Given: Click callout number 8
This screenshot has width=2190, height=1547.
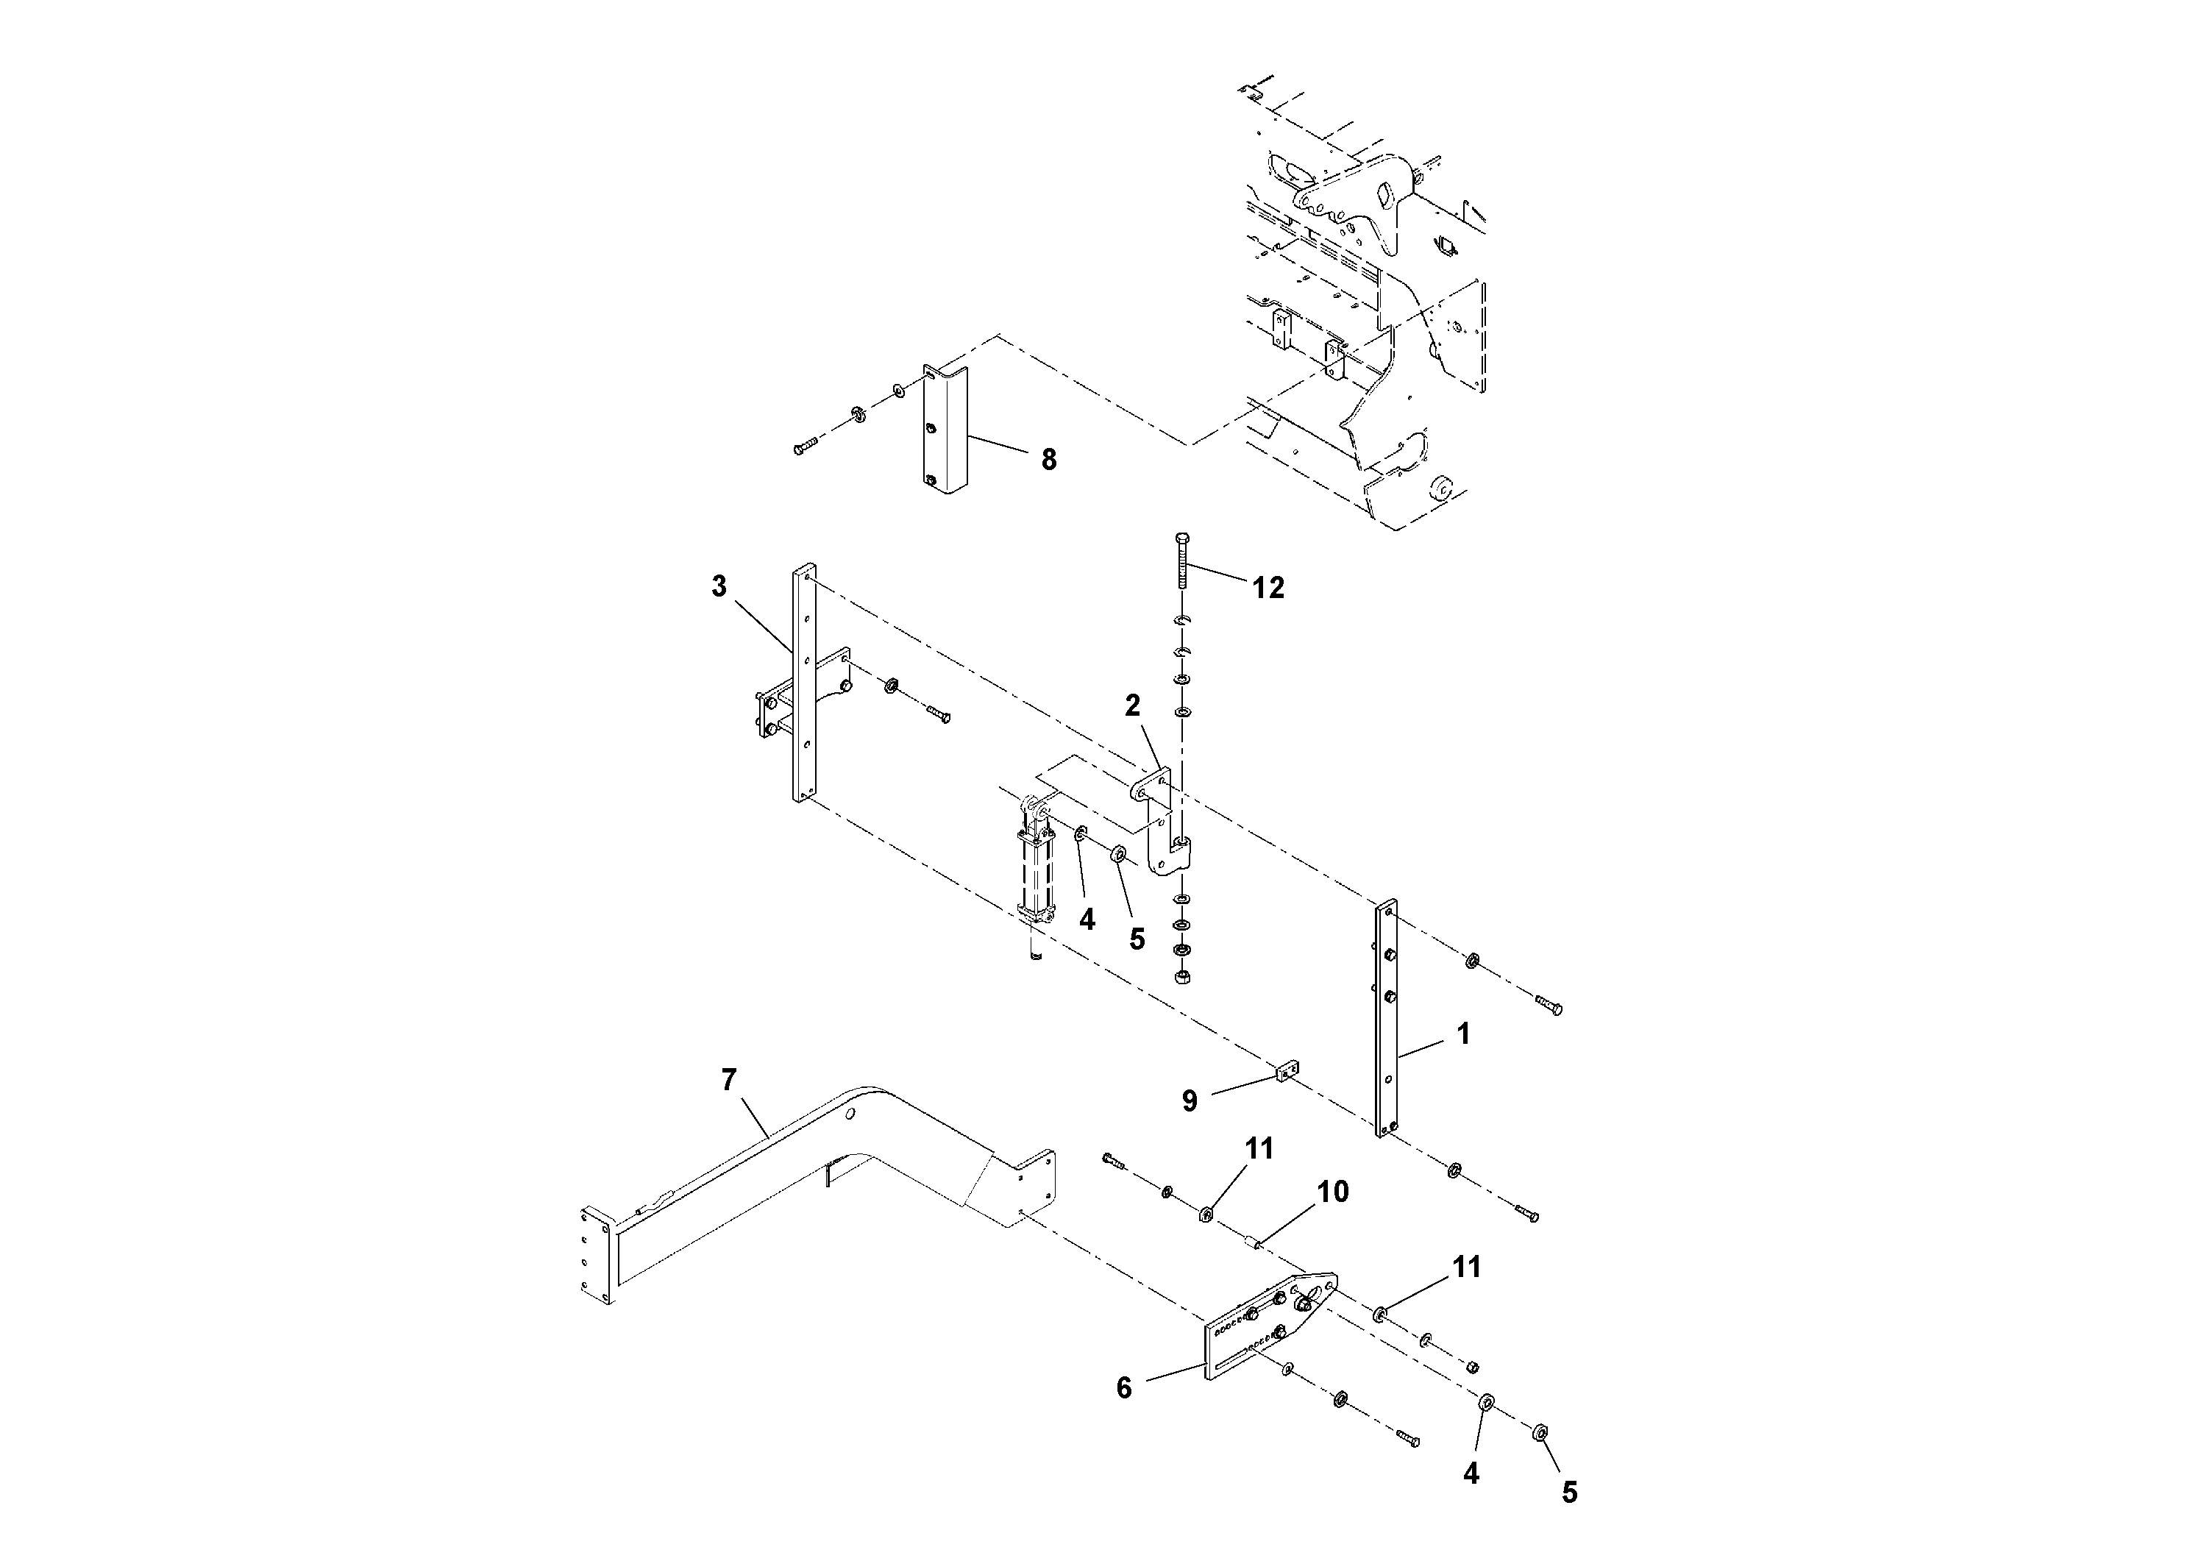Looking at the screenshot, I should point(1048,460).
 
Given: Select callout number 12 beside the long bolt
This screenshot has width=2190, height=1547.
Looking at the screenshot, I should point(1268,588).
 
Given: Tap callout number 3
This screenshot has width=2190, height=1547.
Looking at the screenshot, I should point(719,586).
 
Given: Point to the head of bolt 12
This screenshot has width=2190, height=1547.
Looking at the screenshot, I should point(1181,539).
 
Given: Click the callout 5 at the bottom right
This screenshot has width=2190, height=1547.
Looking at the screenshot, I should point(1569,1493).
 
